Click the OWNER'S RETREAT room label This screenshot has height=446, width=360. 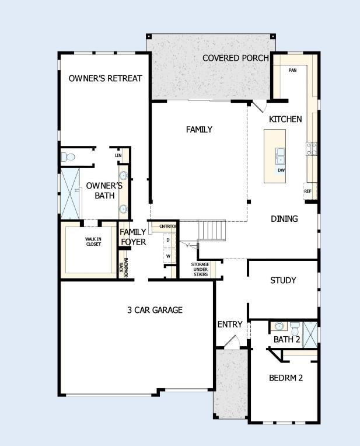click(x=105, y=78)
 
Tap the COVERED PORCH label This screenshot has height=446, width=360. click(x=235, y=58)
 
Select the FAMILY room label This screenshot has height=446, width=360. click(x=199, y=130)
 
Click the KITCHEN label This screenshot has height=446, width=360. click(x=285, y=119)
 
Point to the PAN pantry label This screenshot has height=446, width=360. click(x=293, y=69)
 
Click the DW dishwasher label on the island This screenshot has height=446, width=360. click(x=281, y=170)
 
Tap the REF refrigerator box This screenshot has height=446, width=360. click(x=307, y=191)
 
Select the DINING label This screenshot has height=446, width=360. click(x=284, y=219)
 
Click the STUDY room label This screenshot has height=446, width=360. click(x=283, y=280)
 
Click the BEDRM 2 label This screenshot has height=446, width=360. click(x=286, y=378)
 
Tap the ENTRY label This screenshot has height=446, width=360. click(x=229, y=325)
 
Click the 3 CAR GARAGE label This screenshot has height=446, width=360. click(x=155, y=310)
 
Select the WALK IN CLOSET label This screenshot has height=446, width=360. click(x=93, y=241)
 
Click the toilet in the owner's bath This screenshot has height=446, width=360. click(x=69, y=157)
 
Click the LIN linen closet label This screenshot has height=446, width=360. click(x=118, y=155)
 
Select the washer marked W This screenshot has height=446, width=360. click(x=168, y=256)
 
